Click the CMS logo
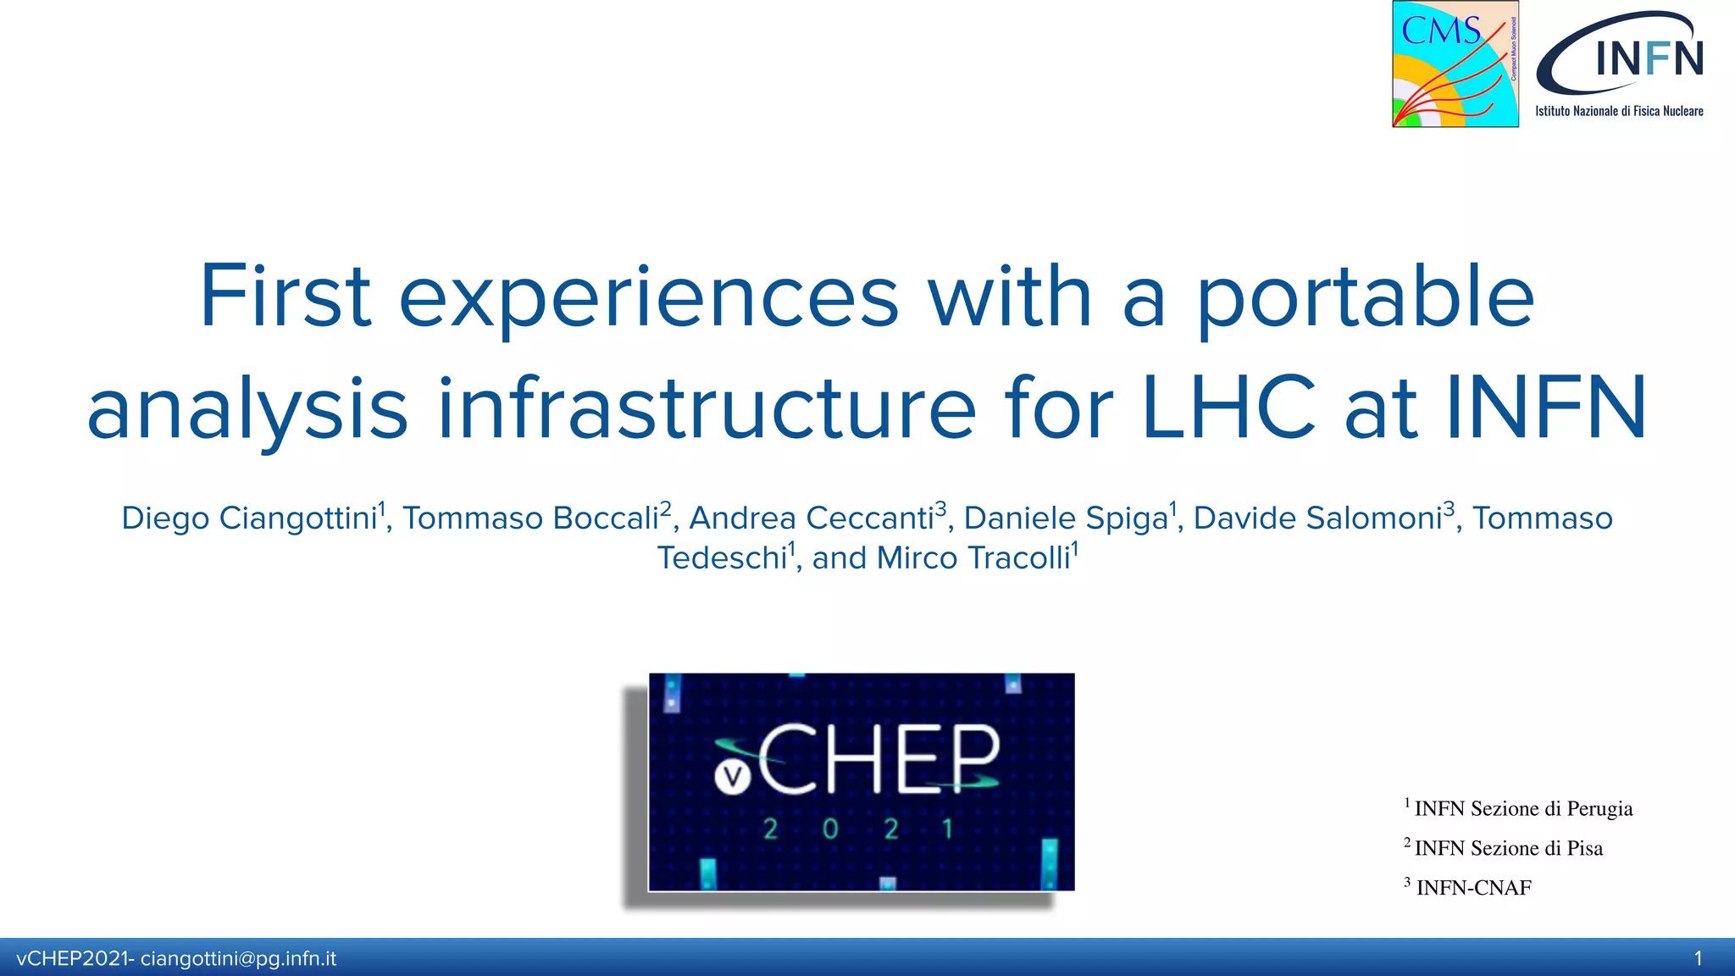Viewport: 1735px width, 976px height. (1455, 64)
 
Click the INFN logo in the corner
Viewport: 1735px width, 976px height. (1621, 55)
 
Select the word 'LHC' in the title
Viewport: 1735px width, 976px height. (1228, 408)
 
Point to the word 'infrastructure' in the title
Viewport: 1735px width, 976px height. (707, 408)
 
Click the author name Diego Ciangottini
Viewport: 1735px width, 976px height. (249, 518)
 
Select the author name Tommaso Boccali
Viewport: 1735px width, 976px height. (530, 518)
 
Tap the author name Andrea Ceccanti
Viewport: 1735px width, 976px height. (812, 518)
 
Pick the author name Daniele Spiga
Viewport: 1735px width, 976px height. (1066, 518)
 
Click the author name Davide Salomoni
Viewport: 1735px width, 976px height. (1317, 518)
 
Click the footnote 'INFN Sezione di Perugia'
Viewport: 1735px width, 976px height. (1523, 808)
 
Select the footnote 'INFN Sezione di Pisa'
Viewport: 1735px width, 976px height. (1508, 848)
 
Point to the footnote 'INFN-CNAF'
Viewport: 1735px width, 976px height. (1473, 888)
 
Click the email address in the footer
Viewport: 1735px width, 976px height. (238, 959)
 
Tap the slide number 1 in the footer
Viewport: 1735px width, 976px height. (1698, 959)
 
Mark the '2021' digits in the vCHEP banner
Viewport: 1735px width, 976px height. (859, 829)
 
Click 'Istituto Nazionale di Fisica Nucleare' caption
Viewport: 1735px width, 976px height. (1619, 111)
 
